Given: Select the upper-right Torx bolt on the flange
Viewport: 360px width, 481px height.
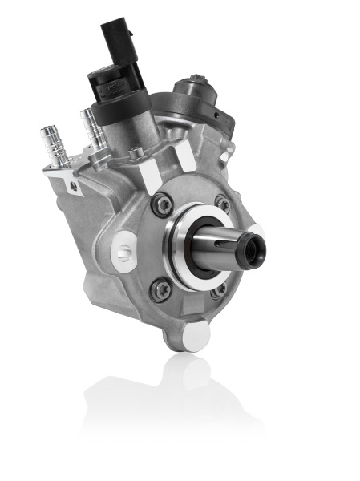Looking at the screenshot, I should (x=224, y=205).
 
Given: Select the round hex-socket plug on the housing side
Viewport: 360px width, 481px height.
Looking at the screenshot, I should (x=123, y=250).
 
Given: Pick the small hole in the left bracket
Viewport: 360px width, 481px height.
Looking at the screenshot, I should (x=74, y=186).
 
